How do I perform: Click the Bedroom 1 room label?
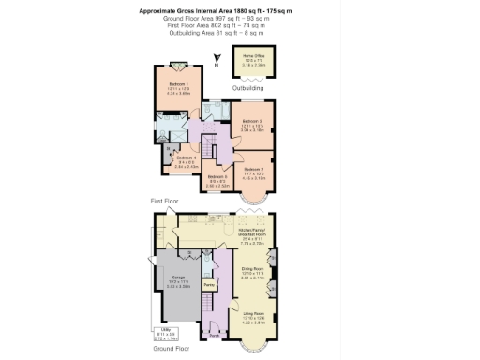[177, 88]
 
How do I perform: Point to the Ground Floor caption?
[172, 348]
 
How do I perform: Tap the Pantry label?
[211, 284]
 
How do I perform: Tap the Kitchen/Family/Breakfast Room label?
[253, 232]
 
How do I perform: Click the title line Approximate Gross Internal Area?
[240, 10]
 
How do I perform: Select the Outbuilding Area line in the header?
[240, 33]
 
